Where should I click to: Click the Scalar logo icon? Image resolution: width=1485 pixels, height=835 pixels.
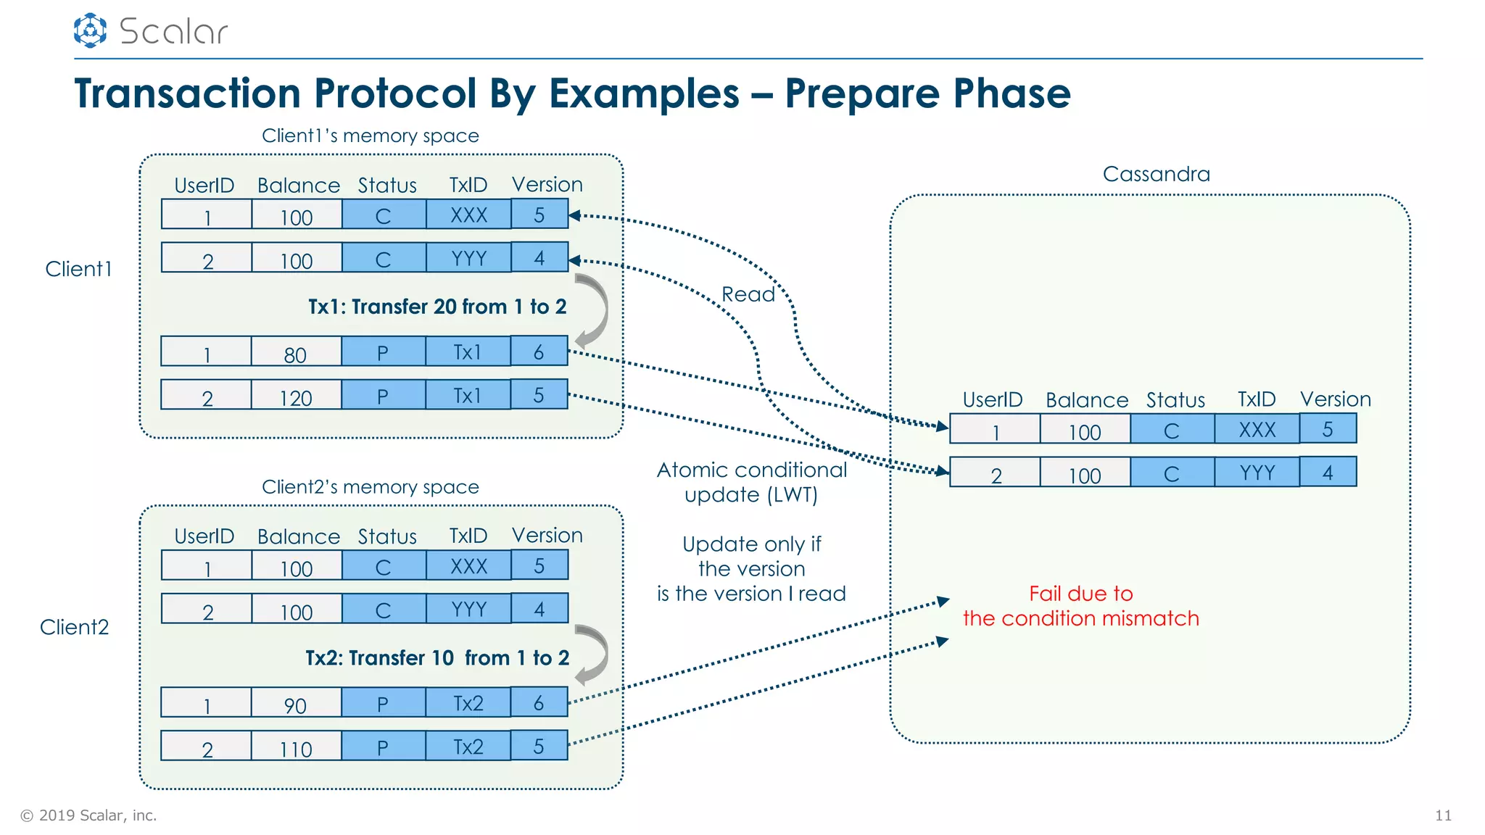(90, 30)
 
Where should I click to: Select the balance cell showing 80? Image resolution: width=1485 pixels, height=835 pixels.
(296, 352)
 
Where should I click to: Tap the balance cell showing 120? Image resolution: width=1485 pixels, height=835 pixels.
(296, 396)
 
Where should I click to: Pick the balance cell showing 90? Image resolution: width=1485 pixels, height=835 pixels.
(296, 703)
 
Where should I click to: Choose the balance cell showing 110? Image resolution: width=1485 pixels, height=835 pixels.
(296, 747)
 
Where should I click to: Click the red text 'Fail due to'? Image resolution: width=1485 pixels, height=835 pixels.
(1080, 594)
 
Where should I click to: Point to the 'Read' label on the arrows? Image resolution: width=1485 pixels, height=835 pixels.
(748, 294)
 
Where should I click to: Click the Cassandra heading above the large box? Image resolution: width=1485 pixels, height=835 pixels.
(1156, 174)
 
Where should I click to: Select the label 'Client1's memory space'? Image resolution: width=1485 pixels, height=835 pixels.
(370, 136)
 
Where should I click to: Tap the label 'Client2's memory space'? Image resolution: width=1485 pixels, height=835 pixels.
(370, 487)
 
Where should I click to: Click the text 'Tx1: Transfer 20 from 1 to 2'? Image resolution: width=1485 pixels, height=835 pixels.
(437, 307)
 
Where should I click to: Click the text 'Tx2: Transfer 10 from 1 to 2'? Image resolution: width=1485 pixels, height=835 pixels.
(437, 658)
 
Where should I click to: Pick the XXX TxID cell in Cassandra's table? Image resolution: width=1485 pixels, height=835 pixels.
(1257, 429)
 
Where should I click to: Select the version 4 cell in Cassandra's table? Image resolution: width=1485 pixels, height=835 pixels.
(1328, 473)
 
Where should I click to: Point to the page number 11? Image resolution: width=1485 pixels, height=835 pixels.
(1443, 815)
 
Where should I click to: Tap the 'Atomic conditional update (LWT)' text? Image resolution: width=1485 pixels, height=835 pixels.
(751, 482)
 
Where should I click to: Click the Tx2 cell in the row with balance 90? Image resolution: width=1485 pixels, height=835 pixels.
(468, 703)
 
